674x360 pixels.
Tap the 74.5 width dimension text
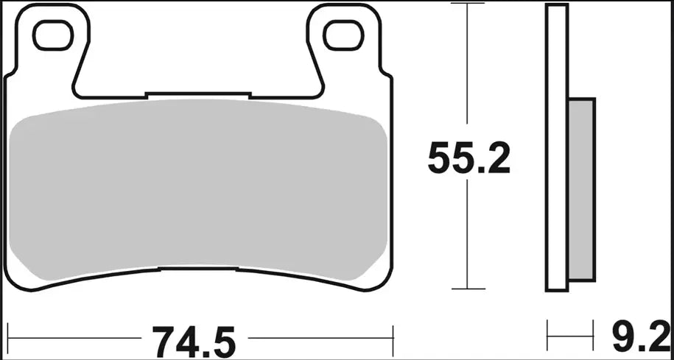coord(194,340)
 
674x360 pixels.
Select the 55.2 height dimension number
coord(469,158)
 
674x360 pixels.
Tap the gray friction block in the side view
coord(582,191)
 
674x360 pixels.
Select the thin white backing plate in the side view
coord(557,147)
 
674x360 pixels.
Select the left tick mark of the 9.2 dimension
coord(547,336)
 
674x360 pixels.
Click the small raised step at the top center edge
coord(199,93)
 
